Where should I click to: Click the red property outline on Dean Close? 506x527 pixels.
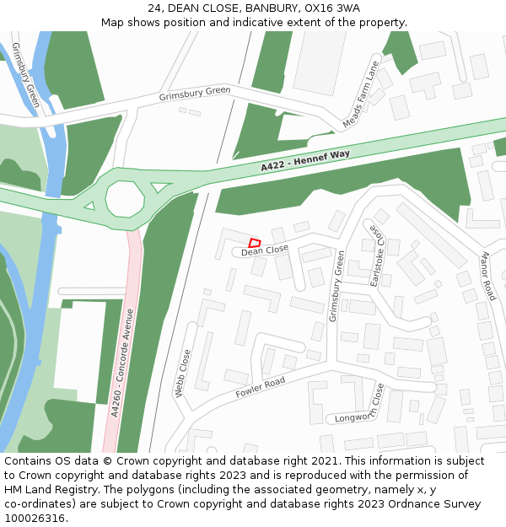[255, 243]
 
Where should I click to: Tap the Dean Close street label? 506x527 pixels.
[265, 250]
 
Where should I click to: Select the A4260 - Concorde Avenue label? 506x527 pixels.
[122, 363]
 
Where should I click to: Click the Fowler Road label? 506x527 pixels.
[261, 387]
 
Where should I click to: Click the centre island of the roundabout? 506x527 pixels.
[126, 199]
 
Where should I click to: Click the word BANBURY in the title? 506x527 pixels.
[271, 8]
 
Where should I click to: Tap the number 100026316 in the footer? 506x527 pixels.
[35, 519]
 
